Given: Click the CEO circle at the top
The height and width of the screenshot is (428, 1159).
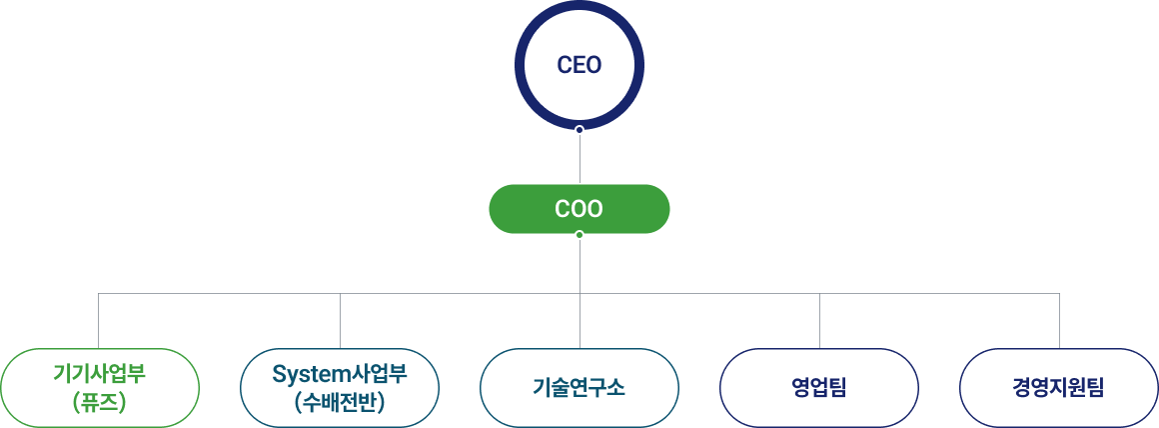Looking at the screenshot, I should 579,66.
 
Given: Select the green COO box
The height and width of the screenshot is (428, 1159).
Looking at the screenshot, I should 579,209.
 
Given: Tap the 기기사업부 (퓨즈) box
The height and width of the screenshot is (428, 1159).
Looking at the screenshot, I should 100,388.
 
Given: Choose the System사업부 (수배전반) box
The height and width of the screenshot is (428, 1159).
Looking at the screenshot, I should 340,388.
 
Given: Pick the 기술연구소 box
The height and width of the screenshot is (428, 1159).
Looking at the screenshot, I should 579,388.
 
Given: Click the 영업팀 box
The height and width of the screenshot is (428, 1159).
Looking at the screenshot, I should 819,388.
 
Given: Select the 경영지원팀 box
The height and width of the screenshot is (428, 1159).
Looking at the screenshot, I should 1059,388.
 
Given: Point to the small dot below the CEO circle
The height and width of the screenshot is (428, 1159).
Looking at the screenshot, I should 579,130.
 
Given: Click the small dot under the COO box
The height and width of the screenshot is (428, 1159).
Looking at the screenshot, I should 579,235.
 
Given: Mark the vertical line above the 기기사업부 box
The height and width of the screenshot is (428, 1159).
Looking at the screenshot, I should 99,321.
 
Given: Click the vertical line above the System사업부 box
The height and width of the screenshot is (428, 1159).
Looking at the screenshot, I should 340,321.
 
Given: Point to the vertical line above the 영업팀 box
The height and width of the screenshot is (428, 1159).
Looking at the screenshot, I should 819,321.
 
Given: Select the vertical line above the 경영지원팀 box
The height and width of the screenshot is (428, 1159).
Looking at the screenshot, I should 1059,321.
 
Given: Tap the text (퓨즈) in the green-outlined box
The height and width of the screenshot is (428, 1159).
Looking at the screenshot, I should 100,402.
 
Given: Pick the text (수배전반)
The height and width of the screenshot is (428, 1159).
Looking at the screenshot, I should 340,402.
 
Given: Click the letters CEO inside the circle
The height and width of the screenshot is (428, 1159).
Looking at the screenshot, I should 579,66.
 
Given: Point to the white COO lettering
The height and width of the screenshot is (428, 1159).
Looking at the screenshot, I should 579,209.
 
